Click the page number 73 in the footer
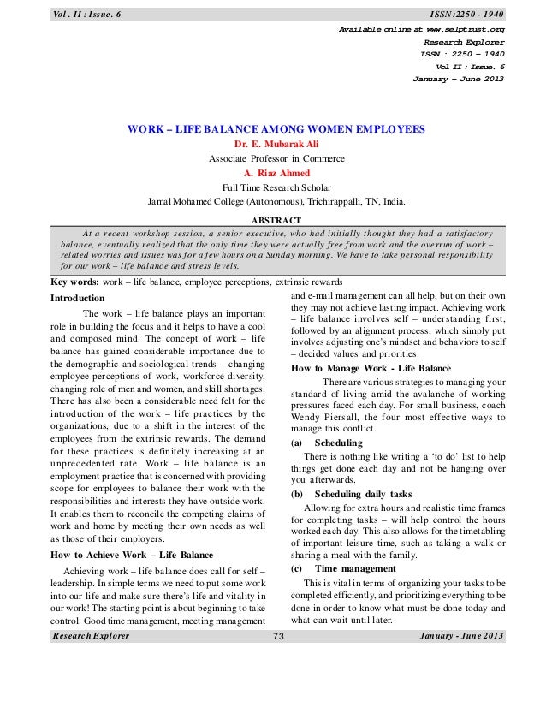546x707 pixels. click(x=277, y=636)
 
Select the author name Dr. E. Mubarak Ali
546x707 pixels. click(x=276, y=144)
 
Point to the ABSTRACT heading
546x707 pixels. click(x=276, y=219)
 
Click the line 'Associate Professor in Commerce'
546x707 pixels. click(x=276, y=158)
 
